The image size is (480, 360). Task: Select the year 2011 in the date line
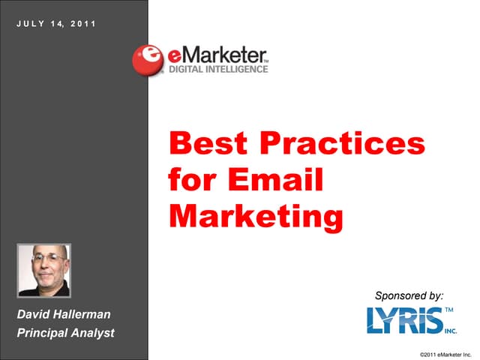84,23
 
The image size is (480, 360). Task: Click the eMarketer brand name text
214,54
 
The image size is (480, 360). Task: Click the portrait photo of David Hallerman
43,271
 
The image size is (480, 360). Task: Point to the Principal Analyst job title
65,332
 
